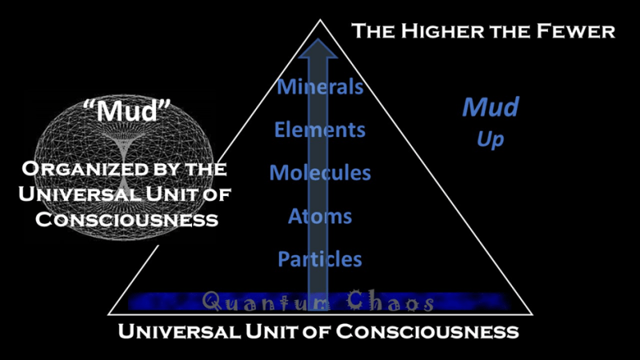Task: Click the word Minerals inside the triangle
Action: coord(320,86)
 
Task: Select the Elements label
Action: coord(320,129)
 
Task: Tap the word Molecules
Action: coord(320,172)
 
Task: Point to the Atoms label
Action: coord(320,215)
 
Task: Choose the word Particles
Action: coord(320,258)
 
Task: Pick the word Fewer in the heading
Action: coord(577,32)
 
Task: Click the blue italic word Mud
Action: coord(491,106)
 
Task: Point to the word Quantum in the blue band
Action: coord(254,302)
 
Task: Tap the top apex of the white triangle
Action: coord(319,19)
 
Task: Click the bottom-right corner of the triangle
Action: coord(531,312)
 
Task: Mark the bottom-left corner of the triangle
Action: coord(108,312)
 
